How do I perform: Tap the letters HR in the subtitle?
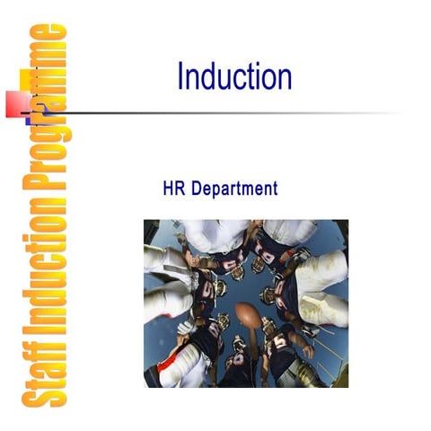pyautogui.click(x=172, y=189)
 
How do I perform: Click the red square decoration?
pyautogui.click(x=18, y=102)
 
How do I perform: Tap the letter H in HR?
pyautogui.click(x=168, y=189)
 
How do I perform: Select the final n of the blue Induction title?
pyautogui.click(x=285, y=77)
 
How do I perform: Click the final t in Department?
pyautogui.click(x=275, y=189)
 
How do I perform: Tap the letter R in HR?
pyautogui.click(x=178, y=189)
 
